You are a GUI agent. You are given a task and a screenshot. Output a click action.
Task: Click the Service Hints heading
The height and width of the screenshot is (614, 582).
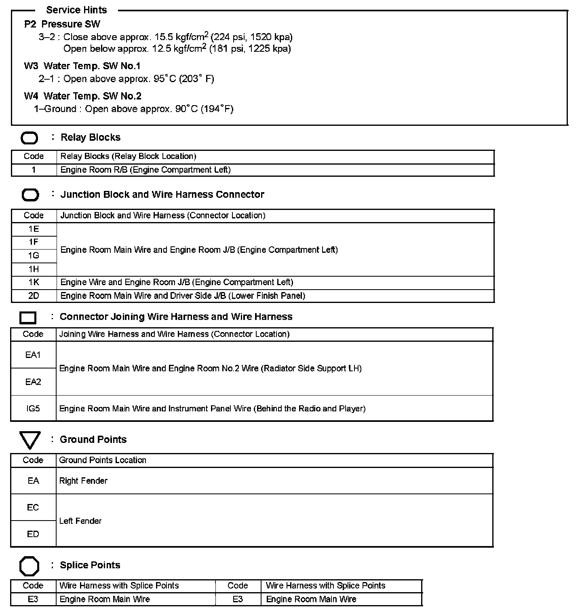(x=76, y=10)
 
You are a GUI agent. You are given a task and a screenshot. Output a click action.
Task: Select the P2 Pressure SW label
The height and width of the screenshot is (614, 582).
(x=62, y=24)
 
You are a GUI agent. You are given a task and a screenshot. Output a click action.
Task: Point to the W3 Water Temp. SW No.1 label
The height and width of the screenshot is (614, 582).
(x=82, y=66)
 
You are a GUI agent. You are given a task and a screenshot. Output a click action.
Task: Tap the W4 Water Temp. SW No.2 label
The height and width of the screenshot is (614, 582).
(x=82, y=96)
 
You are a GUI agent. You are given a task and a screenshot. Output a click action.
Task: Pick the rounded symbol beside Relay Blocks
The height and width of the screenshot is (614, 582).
(x=29, y=138)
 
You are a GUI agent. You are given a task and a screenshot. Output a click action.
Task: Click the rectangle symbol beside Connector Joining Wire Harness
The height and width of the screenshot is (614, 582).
(x=28, y=318)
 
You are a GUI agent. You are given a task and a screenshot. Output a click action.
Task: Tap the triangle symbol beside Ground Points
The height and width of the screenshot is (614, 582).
(x=30, y=440)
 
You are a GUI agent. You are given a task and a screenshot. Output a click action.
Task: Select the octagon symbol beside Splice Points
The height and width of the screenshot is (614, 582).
(x=29, y=566)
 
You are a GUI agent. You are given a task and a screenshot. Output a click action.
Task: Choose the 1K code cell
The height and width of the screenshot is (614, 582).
(x=34, y=282)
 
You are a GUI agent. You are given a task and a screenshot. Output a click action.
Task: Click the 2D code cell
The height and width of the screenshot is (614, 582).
(x=34, y=296)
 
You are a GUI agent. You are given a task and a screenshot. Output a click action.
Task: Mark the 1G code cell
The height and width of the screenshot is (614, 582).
(x=34, y=256)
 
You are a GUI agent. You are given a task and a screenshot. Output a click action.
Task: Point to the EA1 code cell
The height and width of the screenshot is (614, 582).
(x=33, y=355)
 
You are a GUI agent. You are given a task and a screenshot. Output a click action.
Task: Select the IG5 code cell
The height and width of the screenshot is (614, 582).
(x=33, y=409)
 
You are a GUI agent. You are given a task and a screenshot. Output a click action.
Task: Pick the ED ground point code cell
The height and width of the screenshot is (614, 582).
(x=33, y=534)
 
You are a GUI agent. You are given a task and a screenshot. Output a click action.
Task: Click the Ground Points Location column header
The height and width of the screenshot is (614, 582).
(x=103, y=460)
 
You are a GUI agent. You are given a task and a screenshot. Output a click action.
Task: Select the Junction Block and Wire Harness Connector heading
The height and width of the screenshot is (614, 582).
(x=162, y=195)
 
